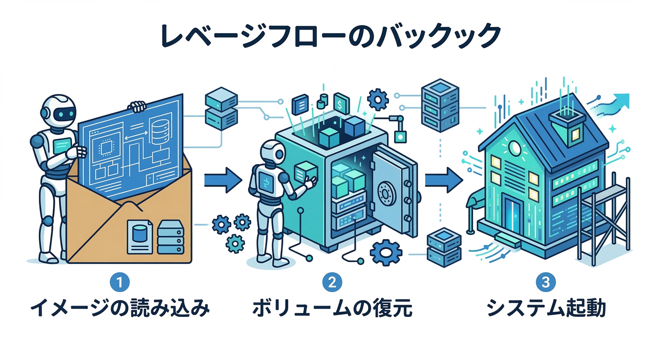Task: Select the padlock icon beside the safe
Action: pyautogui.click(x=400, y=136)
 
